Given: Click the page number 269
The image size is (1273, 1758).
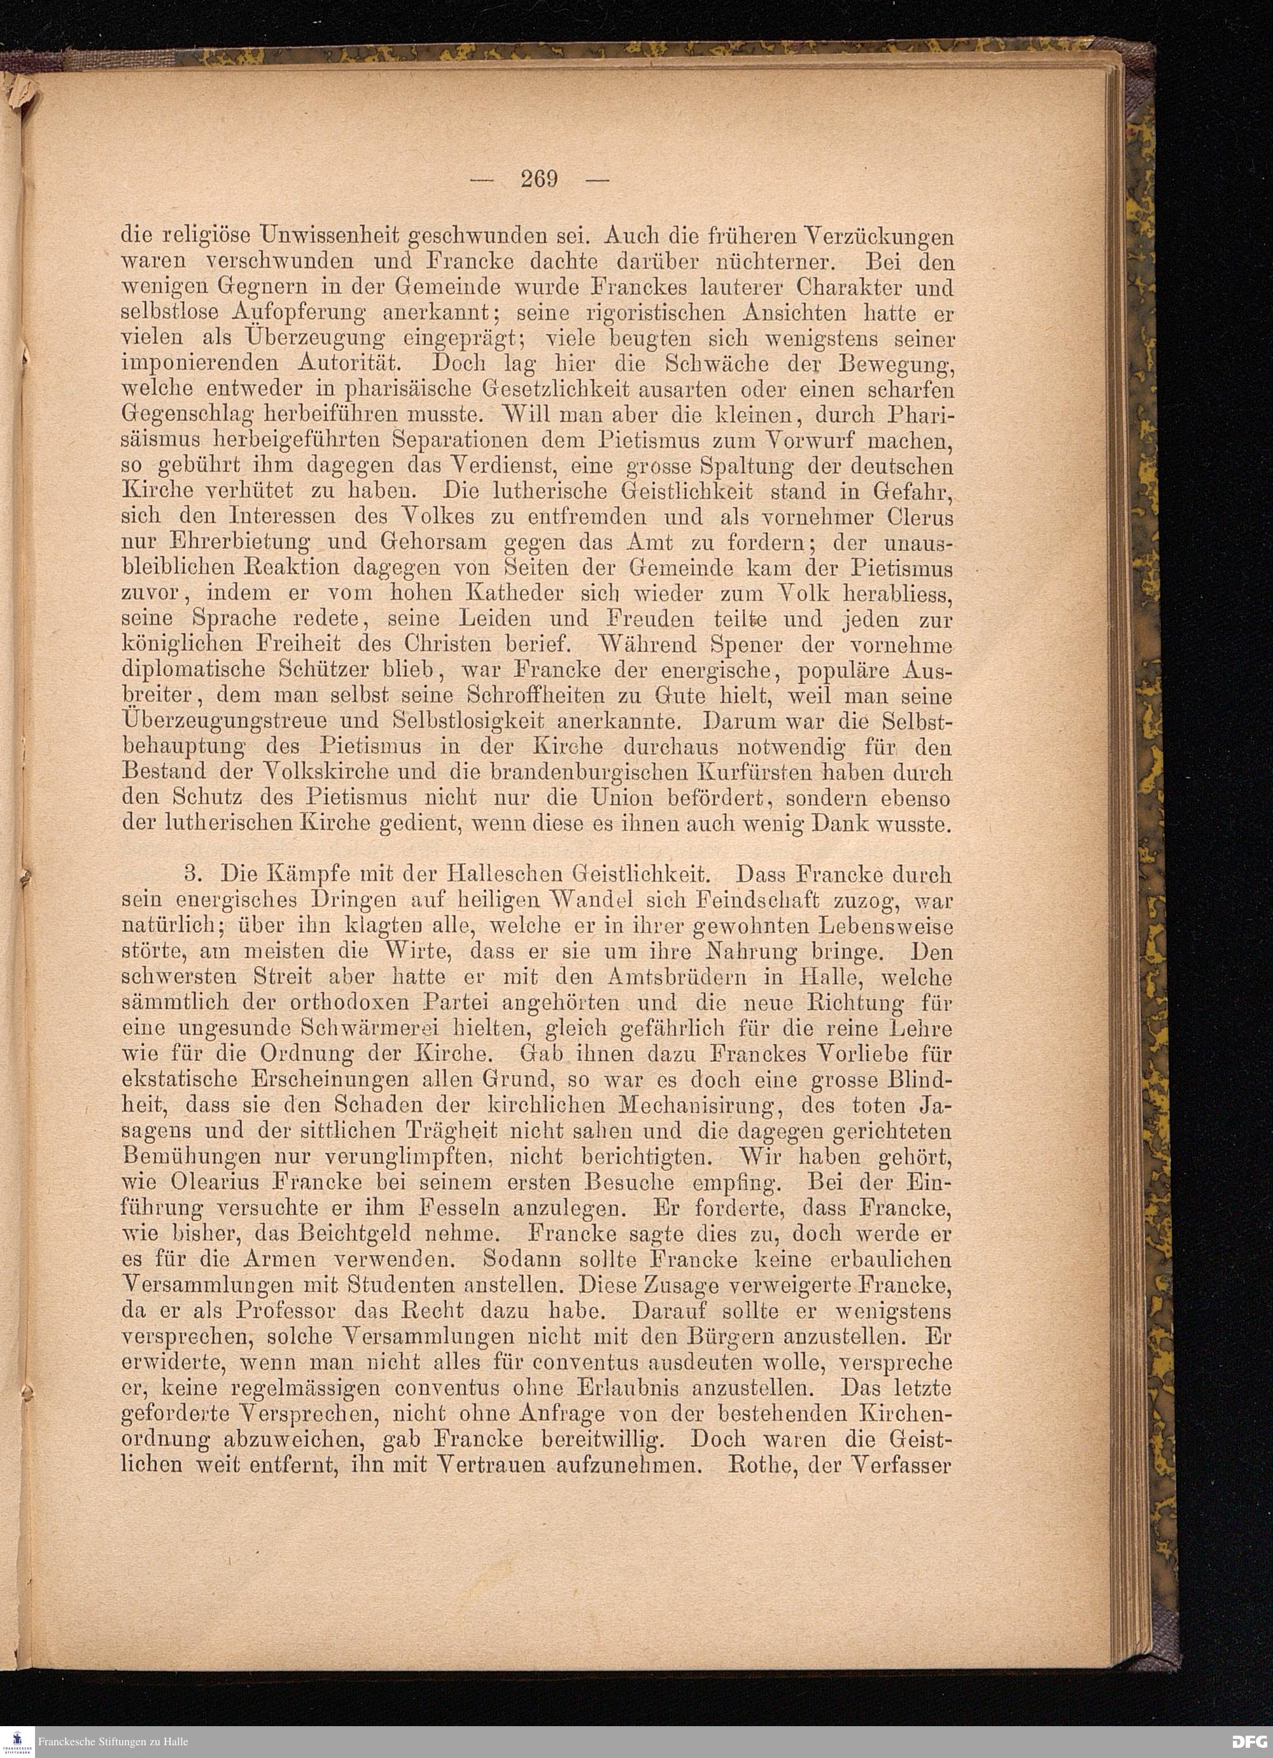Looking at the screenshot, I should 539,179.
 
